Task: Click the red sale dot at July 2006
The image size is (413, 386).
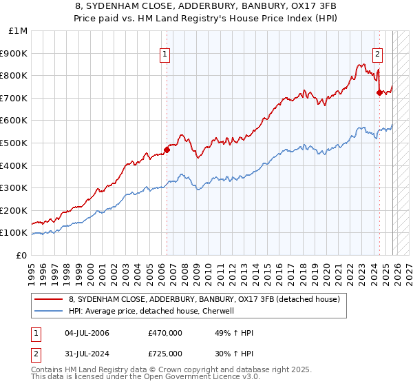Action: [x=167, y=150]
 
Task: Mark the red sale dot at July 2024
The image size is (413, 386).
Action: [x=379, y=92]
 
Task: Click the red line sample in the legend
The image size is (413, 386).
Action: [x=48, y=299]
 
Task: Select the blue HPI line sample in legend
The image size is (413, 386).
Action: [x=48, y=311]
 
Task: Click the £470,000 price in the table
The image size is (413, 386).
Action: [x=165, y=333]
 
